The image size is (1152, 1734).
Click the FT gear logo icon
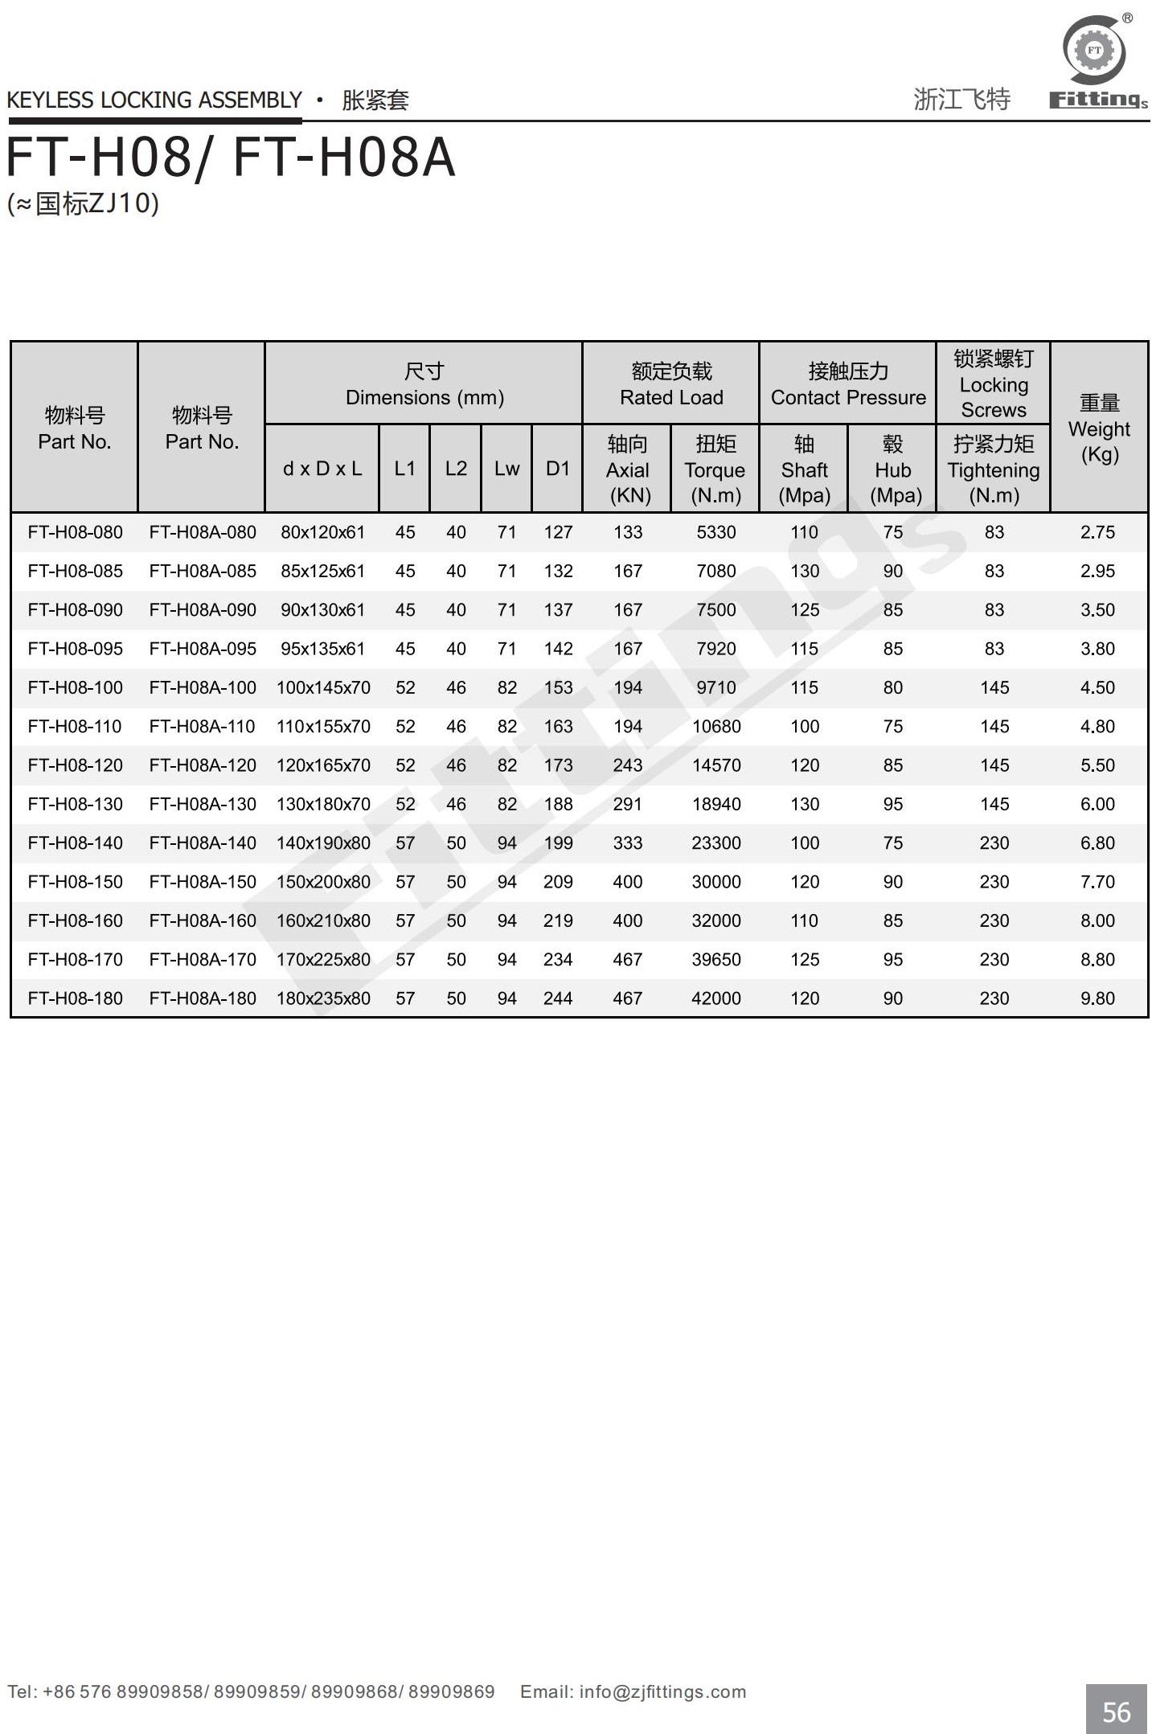pyautogui.click(x=1094, y=51)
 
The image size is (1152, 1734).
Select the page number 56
pyautogui.click(x=1116, y=1711)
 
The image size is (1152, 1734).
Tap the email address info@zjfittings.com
pyautogui.click(x=662, y=1691)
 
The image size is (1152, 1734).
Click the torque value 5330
pyautogui.click(x=715, y=532)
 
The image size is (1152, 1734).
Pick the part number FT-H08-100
pyautogui.click(x=75, y=688)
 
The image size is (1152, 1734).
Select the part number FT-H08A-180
pyautogui.click(x=203, y=998)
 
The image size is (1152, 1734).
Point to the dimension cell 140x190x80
pyautogui.click(x=323, y=843)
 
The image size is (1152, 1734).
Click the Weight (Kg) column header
pyautogui.click(x=1099, y=428)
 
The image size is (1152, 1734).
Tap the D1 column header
pyautogui.click(x=557, y=469)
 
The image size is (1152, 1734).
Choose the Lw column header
pyautogui.click(x=506, y=469)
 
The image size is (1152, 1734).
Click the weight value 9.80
pyautogui.click(x=1097, y=998)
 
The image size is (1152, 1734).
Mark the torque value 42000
pyautogui.click(x=715, y=998)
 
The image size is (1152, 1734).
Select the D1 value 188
pyautogui.click(x=557, y=805)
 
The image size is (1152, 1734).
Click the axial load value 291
pyautogui.click(x=628, y=805)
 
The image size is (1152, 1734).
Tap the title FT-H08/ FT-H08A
pyautogui.click(x=231, y=158)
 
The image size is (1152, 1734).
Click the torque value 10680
pyautogui.click(x=715, y=727)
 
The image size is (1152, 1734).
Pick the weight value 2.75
pyautogui.click(x=1097, y=532)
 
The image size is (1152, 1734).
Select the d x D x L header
pyautogui.click(x=322, y=469)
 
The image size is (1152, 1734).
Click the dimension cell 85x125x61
pyautogui.click(x=322, y=572)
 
